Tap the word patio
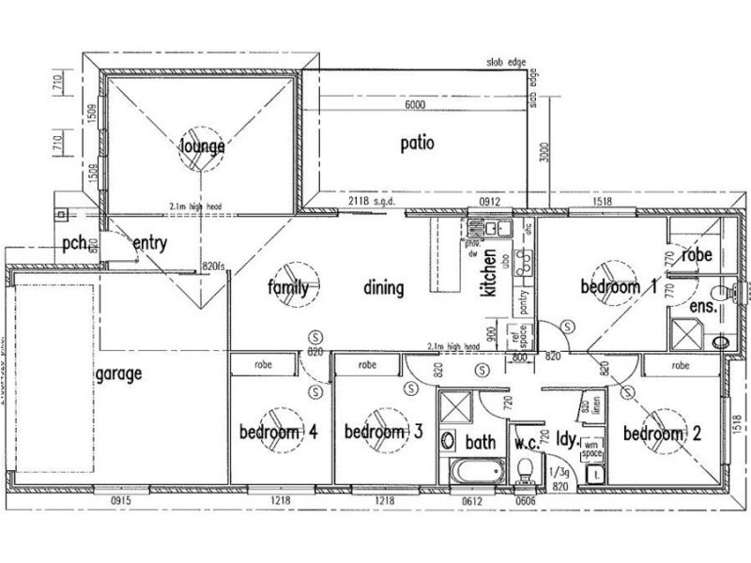coord(417,145)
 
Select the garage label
coord(117,373)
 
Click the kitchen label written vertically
coord(487,279)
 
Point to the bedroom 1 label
coord(617,287)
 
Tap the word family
coord(288,288)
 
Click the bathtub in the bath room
coord(476,470)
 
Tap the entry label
coord(149,244)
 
